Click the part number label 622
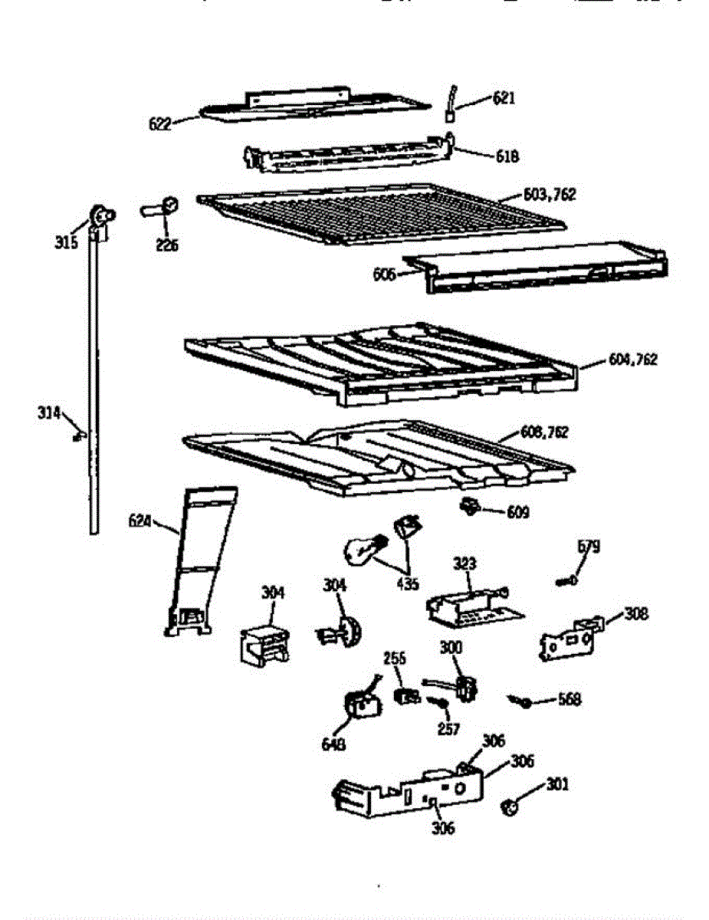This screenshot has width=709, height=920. point(159,123)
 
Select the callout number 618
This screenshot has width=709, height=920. point(507,156)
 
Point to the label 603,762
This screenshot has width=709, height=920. point(550,195)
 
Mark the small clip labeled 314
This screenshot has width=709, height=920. point(77,436)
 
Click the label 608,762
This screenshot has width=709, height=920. point(544,432)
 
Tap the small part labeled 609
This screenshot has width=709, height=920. point(467,506)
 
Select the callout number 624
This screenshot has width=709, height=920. point(140,523)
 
